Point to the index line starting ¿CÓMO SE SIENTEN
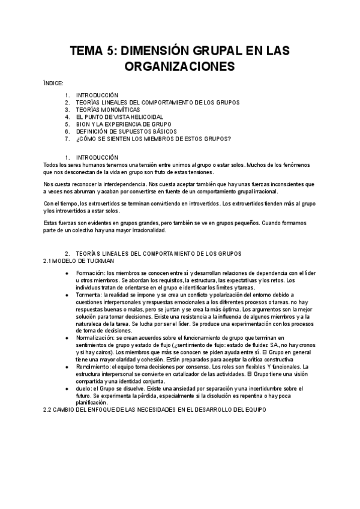(x=153, y=139)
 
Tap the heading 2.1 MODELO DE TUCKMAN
(x=79, y=261)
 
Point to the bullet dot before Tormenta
(x=67, y=295)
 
